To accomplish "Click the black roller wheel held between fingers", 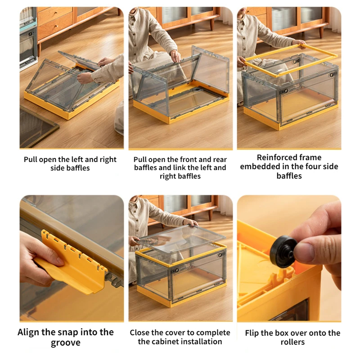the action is [283, 252].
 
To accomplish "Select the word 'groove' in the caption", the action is [65, 343].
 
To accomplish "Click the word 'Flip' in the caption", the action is [252, 333].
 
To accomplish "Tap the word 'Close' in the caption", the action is [139, 333].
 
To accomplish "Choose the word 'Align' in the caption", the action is [28, 333].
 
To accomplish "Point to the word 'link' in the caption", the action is [180, 167].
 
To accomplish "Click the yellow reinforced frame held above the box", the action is [291, 60].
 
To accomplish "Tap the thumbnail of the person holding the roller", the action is [289, 258].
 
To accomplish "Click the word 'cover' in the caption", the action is [175, 333].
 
